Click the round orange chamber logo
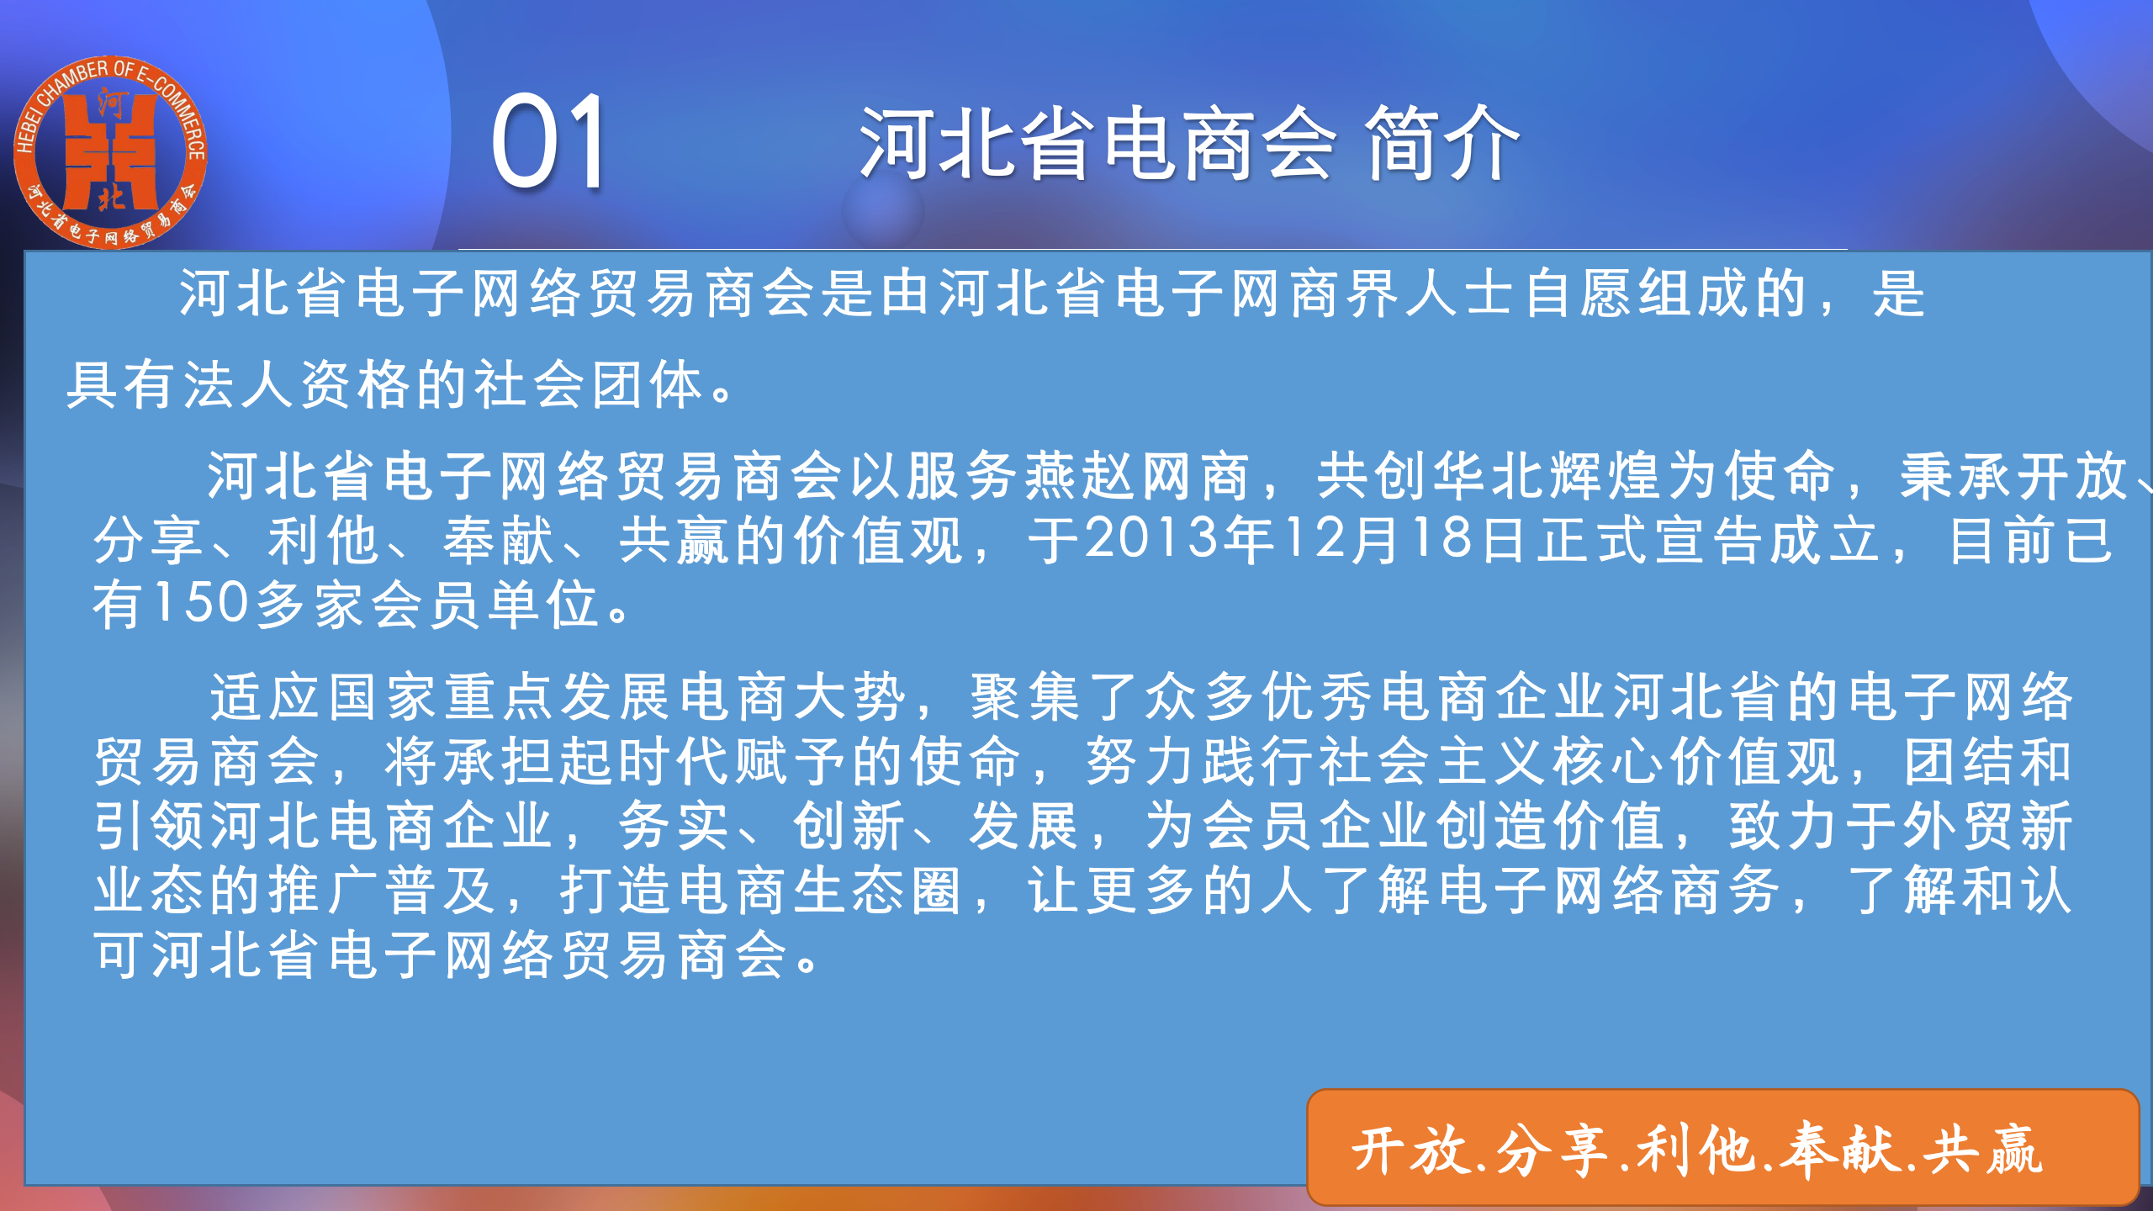[110, 152]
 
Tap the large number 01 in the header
[549, 143]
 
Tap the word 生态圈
[877, 890]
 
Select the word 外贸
[1956, 826]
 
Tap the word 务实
[674, 826]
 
